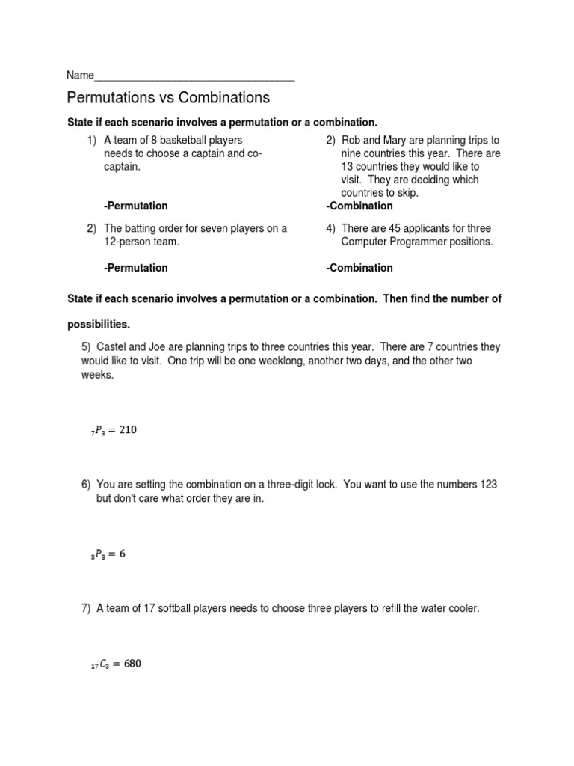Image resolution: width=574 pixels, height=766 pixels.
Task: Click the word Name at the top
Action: coord(80,76)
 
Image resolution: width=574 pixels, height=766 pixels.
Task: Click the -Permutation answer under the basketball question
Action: coord(136,206)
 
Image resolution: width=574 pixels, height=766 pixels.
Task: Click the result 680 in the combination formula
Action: coord(129,664)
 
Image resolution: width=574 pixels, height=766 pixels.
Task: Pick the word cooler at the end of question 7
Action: coord(462,609)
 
